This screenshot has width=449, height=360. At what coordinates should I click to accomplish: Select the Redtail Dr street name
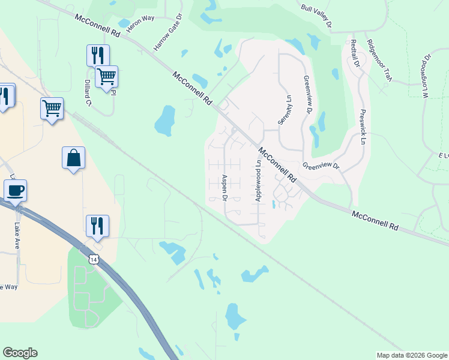pos(355,53)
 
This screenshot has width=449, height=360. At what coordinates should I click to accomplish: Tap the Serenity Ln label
pos(284,110)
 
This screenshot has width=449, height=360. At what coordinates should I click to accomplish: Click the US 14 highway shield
pos(92,259)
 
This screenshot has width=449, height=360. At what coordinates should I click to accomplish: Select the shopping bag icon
pos(73,158)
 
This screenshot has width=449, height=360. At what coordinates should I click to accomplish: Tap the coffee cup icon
pos(15,191)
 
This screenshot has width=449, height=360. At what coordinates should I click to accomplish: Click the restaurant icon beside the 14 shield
pos(97,226)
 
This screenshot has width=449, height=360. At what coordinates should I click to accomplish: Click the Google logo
pos(20,353)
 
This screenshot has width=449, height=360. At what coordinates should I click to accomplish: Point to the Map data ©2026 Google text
pos(412,355)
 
